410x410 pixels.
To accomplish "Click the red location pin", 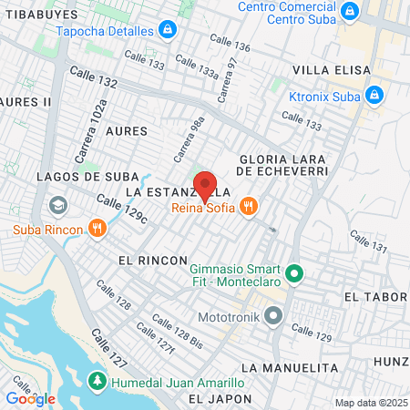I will (205, 185).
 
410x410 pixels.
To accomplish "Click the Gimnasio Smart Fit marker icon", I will (294, 272).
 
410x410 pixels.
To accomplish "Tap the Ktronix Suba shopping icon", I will (374, 95).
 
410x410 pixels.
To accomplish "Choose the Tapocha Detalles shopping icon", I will (167, 30).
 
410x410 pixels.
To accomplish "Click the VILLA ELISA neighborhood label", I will (332, 70).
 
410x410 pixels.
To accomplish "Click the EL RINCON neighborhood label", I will (147, 260).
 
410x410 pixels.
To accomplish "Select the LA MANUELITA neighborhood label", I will (291, 367).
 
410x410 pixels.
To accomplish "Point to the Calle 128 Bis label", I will (177, 330).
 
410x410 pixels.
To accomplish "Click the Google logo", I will (30, 398).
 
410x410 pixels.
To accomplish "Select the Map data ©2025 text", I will (369, 403).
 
